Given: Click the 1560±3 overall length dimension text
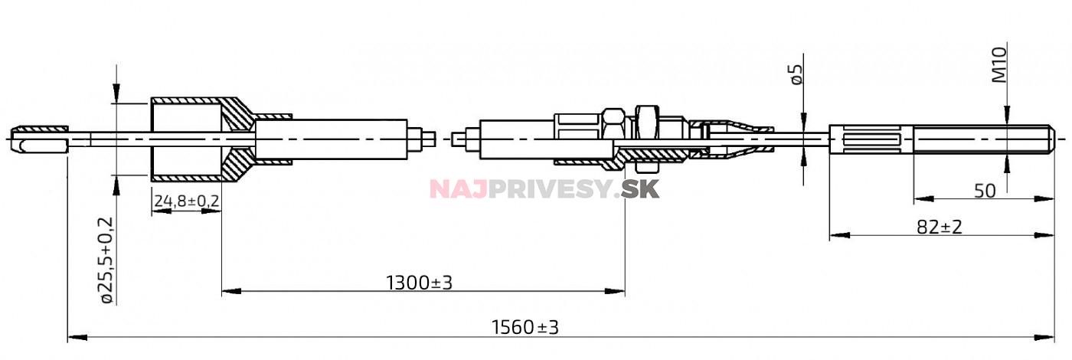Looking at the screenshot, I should click(525, 328).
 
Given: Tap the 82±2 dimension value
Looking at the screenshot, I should click(939, 227).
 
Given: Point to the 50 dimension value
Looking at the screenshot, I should click(985, 191).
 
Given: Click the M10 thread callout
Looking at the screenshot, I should click(999, 64).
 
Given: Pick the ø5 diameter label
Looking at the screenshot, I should click(796, 74).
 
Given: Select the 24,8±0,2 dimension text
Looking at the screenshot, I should click(187, 201).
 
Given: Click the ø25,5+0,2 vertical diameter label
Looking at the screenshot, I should click(106, 260).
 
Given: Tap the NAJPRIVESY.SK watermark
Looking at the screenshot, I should click(544, 188).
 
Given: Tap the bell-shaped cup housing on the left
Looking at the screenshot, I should click(188, 139).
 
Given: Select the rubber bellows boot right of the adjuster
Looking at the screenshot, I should click(731, 139).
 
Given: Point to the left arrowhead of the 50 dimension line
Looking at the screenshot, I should click(919, 199).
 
